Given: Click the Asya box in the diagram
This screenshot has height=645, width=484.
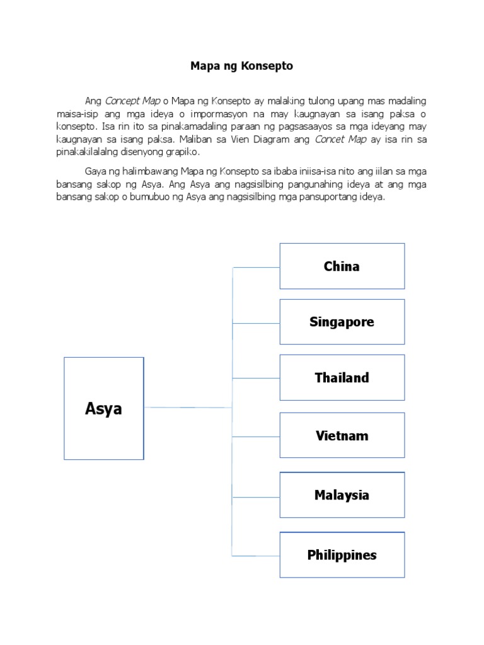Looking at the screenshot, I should (x=104, y=408).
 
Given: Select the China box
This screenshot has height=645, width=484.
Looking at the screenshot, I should (x=342, y=266).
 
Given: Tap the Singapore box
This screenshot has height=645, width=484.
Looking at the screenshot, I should (x=342, y=322).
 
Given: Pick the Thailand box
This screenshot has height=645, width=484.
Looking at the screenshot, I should (x=342, y=378).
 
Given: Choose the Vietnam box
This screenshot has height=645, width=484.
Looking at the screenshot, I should (x=342, y=435).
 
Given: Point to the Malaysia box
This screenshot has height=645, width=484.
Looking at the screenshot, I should (x=342, y=495).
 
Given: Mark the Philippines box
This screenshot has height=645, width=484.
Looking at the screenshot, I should (x=342, y=555).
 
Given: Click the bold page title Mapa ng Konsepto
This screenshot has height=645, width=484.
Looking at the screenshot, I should (x=242, y=66).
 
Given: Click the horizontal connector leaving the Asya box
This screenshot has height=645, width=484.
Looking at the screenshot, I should (x=188, y=408).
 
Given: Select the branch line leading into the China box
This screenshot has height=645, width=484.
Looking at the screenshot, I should (x=256, y=267).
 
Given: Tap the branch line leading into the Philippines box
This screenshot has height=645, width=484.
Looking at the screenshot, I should (x=256, y=556).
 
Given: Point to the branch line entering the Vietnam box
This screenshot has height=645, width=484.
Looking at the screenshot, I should (x=256, y=436).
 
